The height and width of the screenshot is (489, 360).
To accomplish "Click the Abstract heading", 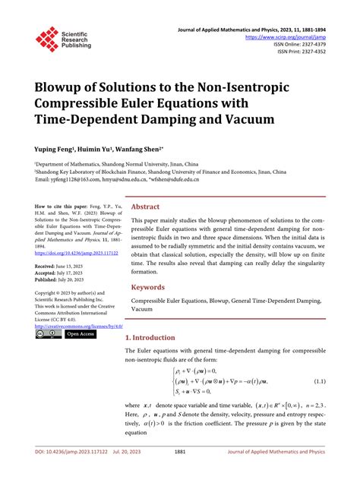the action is pyautogui.click(x=145, y=206).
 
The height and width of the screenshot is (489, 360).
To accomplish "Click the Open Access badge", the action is pyautogui.click(x=81, y=334).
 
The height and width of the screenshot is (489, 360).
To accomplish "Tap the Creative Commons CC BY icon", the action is pyautogui.click(x=48, y=334).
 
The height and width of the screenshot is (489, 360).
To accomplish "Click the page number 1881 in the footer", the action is pyautogui.click(x=180, y=472).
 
